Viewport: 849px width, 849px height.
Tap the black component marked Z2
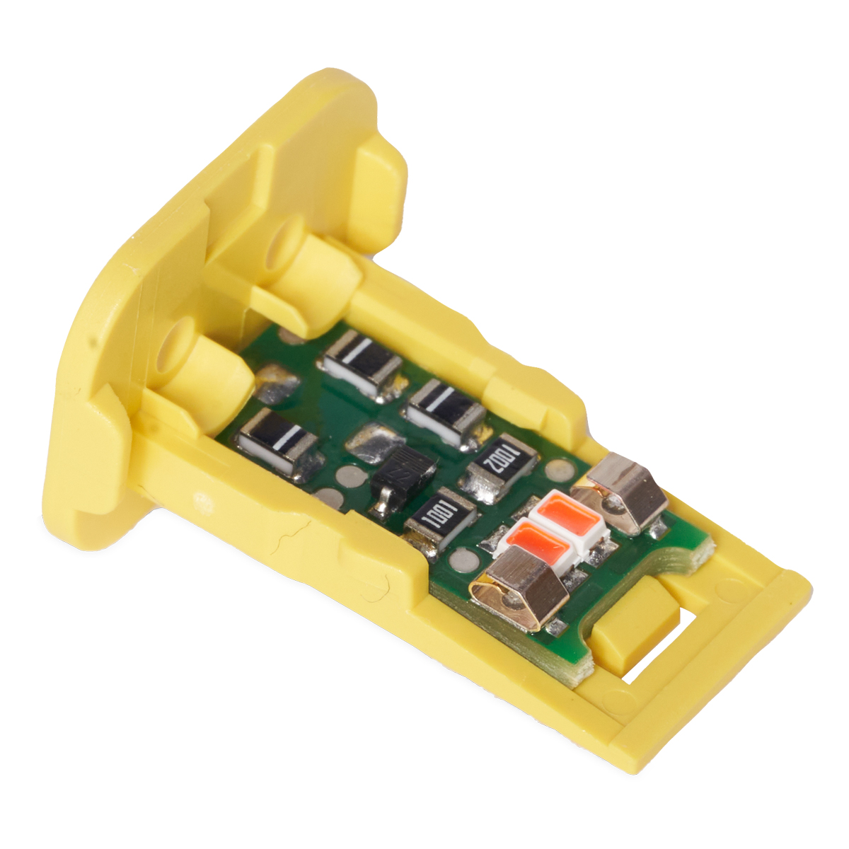point(401,476)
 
